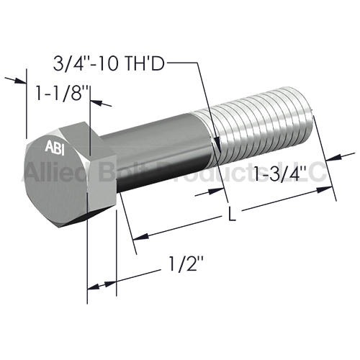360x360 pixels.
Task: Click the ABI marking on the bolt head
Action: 55,148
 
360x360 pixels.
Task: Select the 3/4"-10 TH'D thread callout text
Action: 109,64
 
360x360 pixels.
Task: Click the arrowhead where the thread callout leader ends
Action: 218,143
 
